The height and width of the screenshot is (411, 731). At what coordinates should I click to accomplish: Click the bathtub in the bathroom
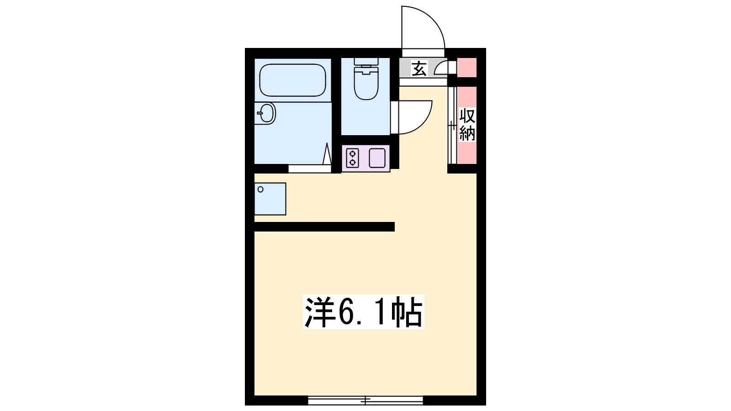pyautogui.click(x=293, y=80)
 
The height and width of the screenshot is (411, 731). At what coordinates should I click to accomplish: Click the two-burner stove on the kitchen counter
pyautogui.click(x=352, y=158)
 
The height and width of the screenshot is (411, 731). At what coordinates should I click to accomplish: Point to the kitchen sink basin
pyautogui.click(x=377, y=158)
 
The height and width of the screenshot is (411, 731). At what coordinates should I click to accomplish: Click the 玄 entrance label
pyautogui.click(x=418, y=69)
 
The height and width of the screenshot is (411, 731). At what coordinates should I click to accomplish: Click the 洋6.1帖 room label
pyautogui.click(x=364, y=312)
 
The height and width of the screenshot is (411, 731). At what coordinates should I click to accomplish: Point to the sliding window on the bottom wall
pyautogui.click(x=365, y=400)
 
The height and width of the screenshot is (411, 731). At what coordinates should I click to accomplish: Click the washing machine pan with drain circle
pyautogui.click(x=270, y=199)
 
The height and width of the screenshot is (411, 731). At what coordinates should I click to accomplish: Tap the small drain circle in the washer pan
pyautogui.click(x=260, y=190)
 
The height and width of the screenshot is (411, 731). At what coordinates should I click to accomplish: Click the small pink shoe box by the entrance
pyautogui.click(x=467, y=68)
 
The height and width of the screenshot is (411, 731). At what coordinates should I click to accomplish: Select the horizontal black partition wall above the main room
pyautogui.click(x=324, y=227)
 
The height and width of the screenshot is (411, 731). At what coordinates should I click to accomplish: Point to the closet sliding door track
pyautogui.click(x=452, y=125)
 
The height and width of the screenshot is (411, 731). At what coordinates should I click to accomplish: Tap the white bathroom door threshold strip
pyautogui.click(x=310, y=169)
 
